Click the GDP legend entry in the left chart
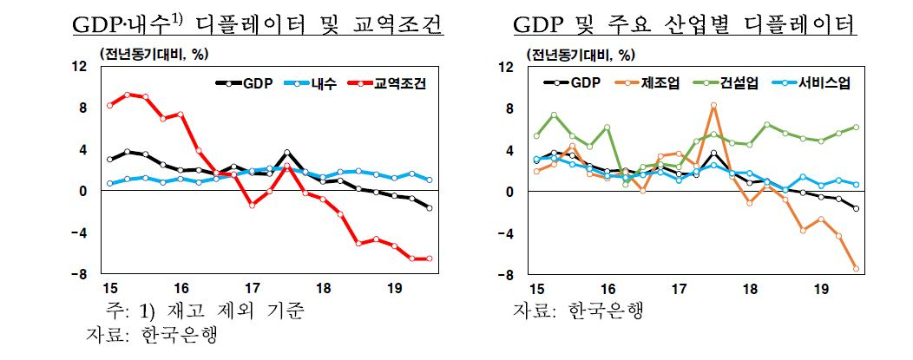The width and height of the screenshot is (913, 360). [x=244, y=84]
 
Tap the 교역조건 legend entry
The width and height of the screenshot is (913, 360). [x=386, y=84]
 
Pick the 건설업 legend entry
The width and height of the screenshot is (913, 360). [x=727, y=83]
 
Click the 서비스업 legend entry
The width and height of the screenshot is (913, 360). [x=811, y=83]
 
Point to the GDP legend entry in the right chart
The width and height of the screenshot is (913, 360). [x=572, y=83]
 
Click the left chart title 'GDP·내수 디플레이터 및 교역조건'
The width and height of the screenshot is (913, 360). [x=257, y=25]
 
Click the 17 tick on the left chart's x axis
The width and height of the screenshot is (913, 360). [x=253, y=287]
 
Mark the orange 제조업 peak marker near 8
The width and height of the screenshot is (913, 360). [x=714, y=106]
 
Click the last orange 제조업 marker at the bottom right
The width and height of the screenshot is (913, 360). [x=856, y=268]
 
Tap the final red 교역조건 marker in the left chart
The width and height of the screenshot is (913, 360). [x=429, y=259]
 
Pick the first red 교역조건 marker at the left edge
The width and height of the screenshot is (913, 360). [x=109, y=105]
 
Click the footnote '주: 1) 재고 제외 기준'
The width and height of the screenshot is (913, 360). [x=204, y=311]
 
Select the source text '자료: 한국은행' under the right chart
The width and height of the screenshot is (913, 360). [x=578, y=311]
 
